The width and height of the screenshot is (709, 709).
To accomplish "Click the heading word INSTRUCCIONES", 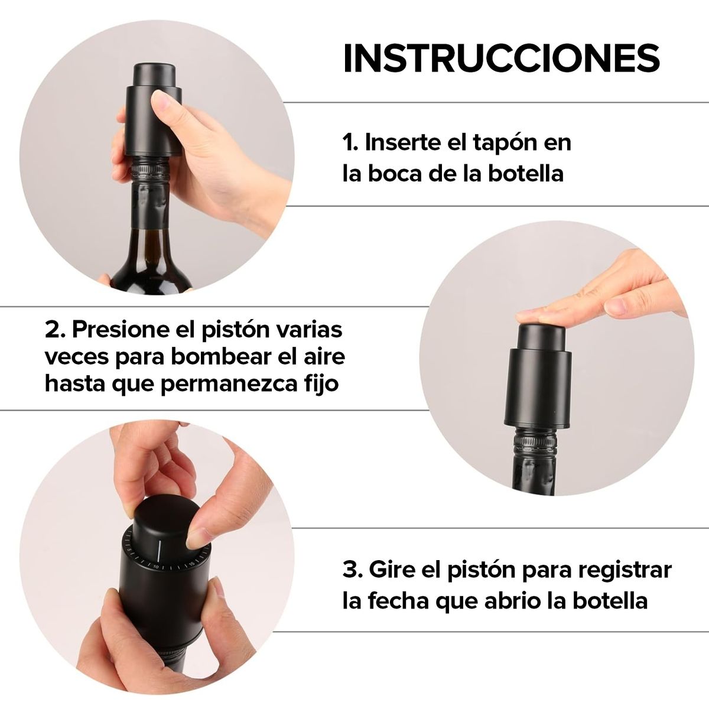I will (501, 58).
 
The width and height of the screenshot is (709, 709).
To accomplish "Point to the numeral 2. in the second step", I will (55, 329).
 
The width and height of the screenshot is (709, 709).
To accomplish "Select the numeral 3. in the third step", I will (353, 571).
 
